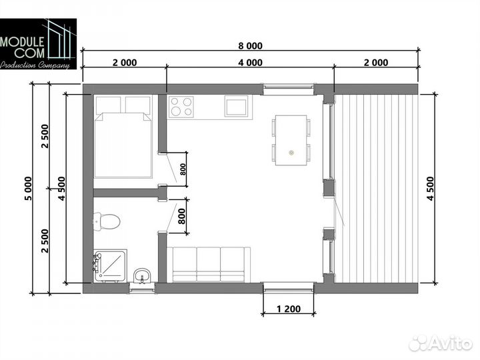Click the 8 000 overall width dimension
point(251,46)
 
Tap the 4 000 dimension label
point(251,63)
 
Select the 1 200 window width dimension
point(289,309)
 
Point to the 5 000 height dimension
point(28,188)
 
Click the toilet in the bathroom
point(106,221)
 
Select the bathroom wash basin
point(142,275)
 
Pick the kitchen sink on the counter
point(236,106)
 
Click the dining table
point(291,140)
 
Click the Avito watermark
point(441,343)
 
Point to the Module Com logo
point(38,44)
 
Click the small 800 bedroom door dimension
point(183,169)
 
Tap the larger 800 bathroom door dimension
point(182,216)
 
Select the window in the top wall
point(289,88)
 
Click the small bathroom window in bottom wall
point(142,288)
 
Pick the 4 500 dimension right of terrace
point(430,189)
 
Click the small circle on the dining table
point(291,152)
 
